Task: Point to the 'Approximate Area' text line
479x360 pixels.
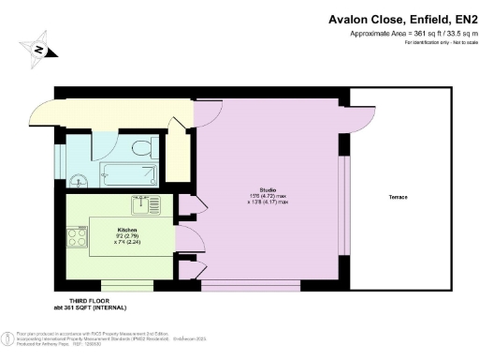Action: point(405,34)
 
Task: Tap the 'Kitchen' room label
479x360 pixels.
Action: point(127,229)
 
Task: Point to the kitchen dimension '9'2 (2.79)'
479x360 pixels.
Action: point(128,235)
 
